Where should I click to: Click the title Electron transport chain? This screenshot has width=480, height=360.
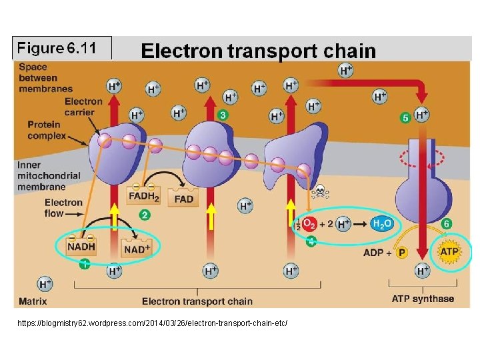tap(258, 51)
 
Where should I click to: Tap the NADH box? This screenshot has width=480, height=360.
tap(81, 246)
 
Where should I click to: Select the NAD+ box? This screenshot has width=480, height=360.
tap(137, 249)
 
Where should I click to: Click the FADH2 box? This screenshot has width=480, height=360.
tap(143, 197)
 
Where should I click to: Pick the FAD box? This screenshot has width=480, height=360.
tap(183, 198)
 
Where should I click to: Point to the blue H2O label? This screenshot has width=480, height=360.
tap(382, 225)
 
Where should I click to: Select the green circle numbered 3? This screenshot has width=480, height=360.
tap(223, 115)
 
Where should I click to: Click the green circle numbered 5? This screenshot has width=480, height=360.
tap(405, 118)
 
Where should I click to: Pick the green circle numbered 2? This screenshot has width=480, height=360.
tap(145, 215)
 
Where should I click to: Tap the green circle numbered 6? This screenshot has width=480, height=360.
tap(447, 224)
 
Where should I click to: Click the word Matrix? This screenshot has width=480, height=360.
tap(33, 301)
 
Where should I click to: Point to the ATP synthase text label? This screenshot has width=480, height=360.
tap(423, 299)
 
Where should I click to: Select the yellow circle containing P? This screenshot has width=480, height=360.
tap(402, 253)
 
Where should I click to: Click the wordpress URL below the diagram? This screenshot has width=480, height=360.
tap(154, 323)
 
